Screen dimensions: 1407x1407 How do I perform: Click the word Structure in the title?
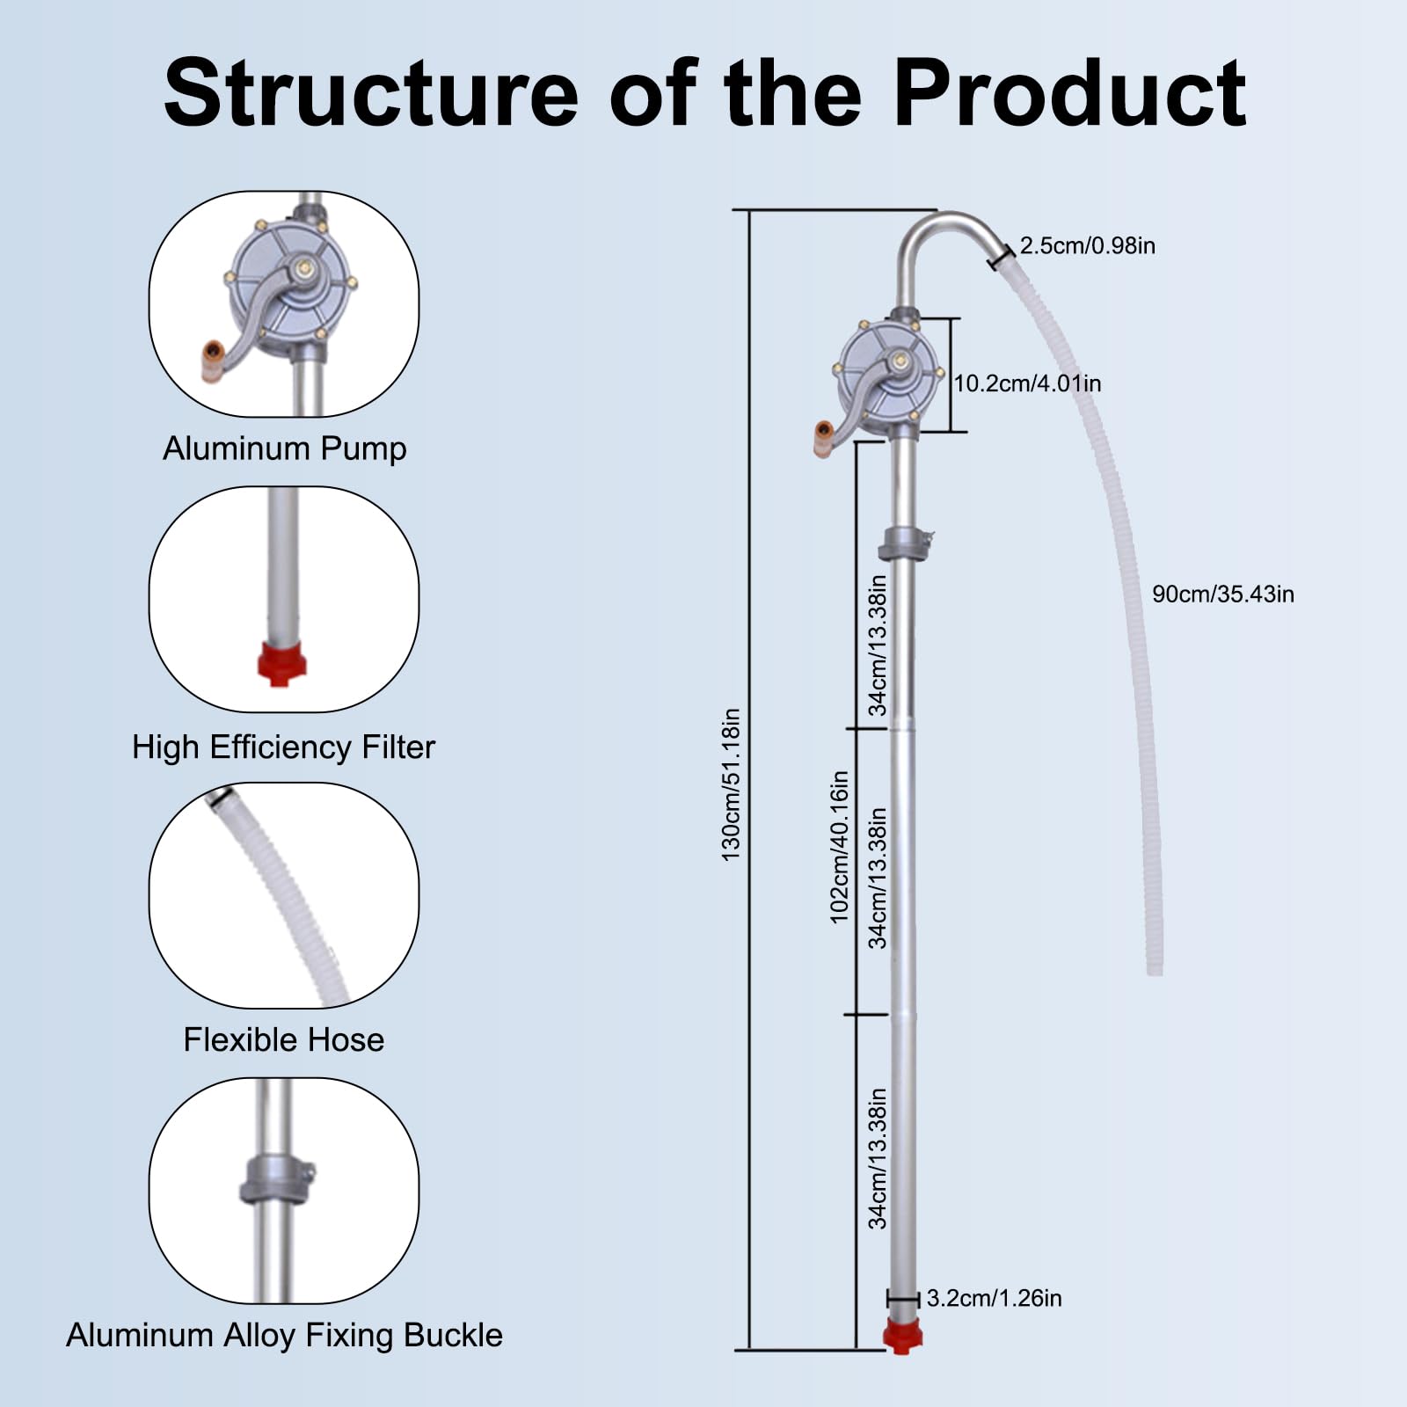(x=371, y=93)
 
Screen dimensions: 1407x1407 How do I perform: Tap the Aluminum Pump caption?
(x=284, y=448)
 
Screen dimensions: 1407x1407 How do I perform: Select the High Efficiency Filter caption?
(x=283, y=747)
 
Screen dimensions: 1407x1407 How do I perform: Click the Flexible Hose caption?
(x=283, y=1039)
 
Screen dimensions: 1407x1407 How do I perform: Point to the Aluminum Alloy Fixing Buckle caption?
(x=284, y=1335)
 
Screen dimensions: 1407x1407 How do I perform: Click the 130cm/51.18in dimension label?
(x=731, y=784)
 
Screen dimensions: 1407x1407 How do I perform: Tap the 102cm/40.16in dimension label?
(x=840, y=847)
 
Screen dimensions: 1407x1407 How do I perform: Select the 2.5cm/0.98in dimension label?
(x=1087, y=245)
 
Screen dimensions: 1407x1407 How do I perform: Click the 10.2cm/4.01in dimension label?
(x=1027, y=383)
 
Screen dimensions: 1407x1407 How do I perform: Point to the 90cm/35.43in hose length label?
(x=1222, y=594)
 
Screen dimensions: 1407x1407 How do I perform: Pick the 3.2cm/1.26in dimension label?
(x=994, y=1298)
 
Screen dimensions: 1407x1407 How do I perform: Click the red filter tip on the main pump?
(x=902, y=1335)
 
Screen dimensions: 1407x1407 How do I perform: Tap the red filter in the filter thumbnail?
(x=281, y=663)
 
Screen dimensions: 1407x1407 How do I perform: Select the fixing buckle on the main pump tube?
(x=905, y=543)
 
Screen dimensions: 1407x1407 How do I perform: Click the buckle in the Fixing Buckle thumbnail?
(x=276, y=1180)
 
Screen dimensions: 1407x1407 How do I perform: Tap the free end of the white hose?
(x=1155, y=970)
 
